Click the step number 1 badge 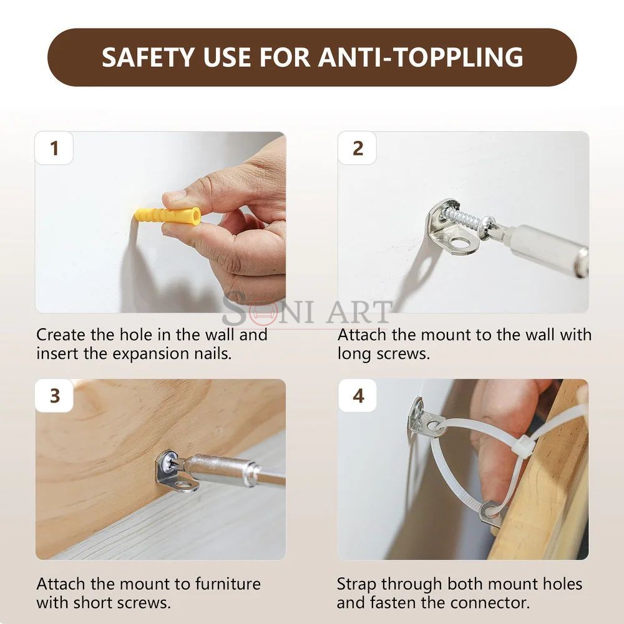click(x=54, y=148)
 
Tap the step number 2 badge click(x=358, y=148)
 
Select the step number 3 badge click(x=54, y=396)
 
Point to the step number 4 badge click(x=358, y=396)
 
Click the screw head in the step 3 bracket click(x=167, y=462)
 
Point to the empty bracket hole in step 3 click(x=183, y=484)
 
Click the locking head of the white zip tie click(x=523, y=444)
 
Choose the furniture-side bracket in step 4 click(x=490, y=514)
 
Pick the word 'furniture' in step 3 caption click(x=228, y=584)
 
